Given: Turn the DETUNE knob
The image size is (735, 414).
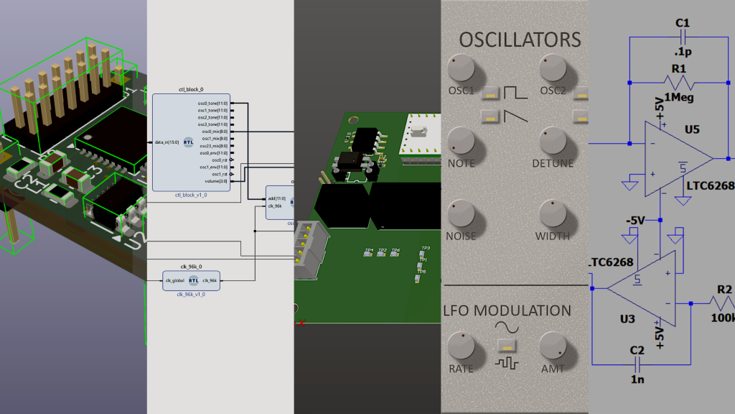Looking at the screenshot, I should point(555,141).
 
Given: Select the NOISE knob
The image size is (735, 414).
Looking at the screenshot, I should point(461,213).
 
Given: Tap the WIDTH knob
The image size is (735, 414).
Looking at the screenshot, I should point(555,213).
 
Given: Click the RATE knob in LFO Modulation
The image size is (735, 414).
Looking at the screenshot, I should point(461,346).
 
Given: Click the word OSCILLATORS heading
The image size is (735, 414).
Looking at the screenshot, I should point(520,39).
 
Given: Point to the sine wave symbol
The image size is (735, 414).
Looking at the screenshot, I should point(507,327).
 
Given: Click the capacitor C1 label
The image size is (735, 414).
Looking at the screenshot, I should point(683,23).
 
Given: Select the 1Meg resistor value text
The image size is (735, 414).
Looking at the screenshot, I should point(678,97).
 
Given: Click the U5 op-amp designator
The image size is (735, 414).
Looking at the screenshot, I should point(692,130).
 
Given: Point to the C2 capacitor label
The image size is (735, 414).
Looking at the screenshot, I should point(637,350).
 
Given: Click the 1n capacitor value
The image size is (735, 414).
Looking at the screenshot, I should point(637,378).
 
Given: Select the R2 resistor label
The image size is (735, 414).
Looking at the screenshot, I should point(724,290).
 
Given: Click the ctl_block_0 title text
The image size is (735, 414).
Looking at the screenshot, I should point(190,89).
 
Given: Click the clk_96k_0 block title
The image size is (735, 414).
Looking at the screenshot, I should point(190,267).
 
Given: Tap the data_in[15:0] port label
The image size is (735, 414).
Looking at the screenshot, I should point(168,142).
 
